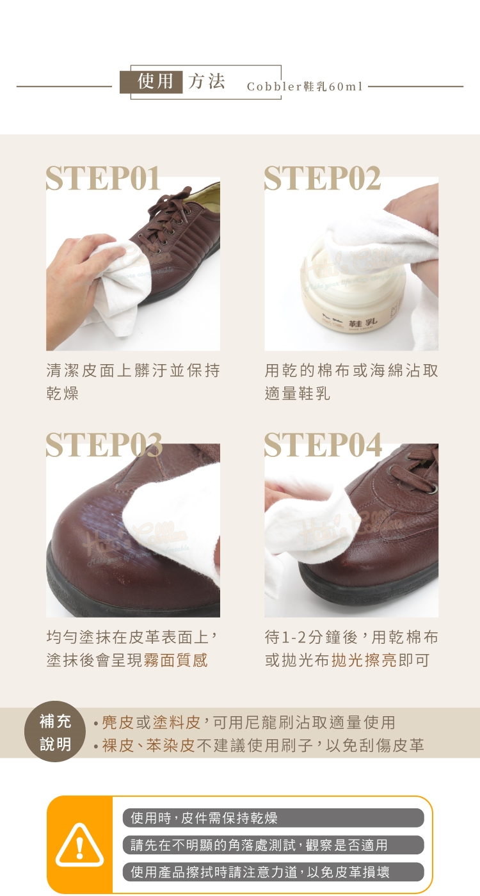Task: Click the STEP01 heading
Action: point(103,178)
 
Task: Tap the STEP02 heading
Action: point(323,178)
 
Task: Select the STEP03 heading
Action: point(104,445)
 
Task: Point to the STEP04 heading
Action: point(323,445)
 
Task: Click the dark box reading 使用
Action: point(152,82)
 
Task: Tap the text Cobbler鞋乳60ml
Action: point(305,86)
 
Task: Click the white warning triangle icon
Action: point(79,845)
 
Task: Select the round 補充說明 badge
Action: point(55,732)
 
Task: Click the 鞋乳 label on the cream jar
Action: point(362,322)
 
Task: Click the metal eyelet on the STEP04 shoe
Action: point(431,486)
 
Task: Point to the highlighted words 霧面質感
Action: point(176,660)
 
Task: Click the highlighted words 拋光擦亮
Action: point(364,660)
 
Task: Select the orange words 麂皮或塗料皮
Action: point(151,722)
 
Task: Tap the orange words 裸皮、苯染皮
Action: point(148,745)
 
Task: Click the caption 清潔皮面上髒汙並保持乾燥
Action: point(133,381)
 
